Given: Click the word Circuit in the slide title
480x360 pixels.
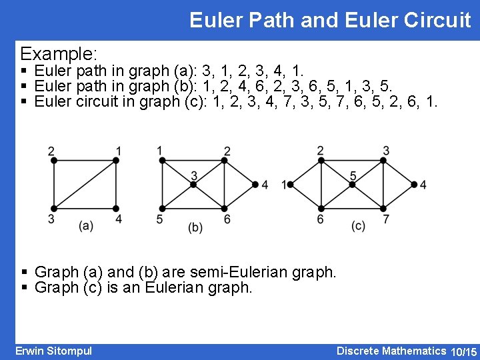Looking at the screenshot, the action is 437,20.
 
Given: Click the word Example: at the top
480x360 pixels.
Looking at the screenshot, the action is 59,53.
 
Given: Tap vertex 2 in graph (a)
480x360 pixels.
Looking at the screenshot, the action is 54,160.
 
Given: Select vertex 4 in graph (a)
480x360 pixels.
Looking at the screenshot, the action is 117,208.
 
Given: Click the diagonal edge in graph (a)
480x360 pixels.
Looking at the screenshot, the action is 85,184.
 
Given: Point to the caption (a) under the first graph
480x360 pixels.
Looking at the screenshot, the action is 86,226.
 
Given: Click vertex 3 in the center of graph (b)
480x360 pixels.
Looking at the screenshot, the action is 194,184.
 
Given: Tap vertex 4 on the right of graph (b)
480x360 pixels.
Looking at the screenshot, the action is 255,184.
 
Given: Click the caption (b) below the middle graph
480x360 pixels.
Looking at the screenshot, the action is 195,227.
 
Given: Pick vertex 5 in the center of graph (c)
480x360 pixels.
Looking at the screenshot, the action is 353,184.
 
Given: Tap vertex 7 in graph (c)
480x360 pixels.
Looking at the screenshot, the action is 384,208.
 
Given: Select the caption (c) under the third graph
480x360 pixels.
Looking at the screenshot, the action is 358,226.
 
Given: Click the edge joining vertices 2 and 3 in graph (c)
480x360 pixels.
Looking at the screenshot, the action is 353,160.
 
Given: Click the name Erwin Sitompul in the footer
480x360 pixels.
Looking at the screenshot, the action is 53,351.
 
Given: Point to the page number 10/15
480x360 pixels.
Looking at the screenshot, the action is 464,351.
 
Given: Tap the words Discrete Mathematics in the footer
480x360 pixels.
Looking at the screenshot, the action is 391,351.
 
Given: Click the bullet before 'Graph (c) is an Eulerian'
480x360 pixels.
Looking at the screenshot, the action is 24,288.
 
